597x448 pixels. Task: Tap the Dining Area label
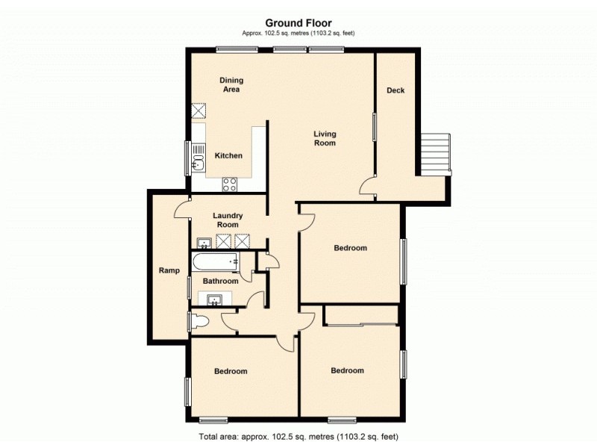231,84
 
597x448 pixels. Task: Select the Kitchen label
228,156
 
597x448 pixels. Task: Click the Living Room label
325,138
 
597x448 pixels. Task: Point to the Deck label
396,91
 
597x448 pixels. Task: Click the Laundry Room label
228,220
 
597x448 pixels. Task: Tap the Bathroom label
221,281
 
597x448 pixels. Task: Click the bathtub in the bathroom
215,262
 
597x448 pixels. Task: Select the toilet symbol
199,322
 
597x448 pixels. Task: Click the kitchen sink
199,158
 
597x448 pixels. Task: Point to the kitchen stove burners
229,183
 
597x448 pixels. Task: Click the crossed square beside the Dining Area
199,111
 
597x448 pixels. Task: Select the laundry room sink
204,242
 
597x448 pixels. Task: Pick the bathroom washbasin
215,300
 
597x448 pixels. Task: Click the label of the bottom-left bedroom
231,371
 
